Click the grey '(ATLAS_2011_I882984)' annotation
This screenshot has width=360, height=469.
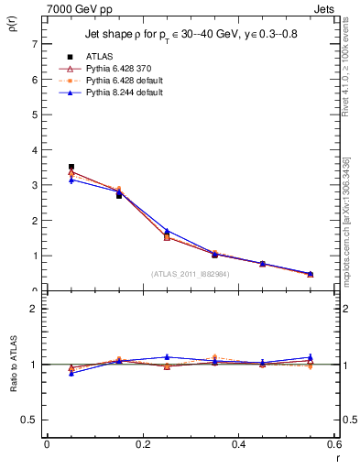pos(191,274)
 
